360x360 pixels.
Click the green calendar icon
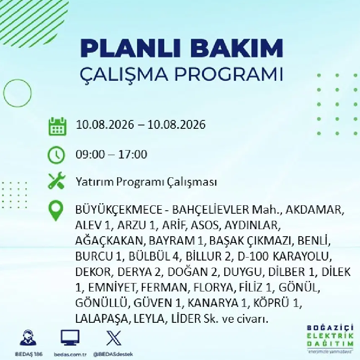(57, 126)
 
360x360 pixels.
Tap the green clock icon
(57, 155)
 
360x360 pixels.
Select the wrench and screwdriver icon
(57, 181)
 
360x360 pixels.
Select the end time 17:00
(132, 154)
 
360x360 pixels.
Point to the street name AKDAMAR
(315, 210)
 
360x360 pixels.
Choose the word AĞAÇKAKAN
(109, 240)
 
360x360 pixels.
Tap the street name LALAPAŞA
(101, 319)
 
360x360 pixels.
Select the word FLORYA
(214, 287)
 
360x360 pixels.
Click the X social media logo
(114, 338)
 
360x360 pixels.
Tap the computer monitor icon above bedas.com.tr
(70, 338)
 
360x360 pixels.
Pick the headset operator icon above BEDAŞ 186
(28, 338)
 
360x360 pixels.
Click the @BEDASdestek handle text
(113, 355)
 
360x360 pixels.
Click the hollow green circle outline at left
(4, 93)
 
